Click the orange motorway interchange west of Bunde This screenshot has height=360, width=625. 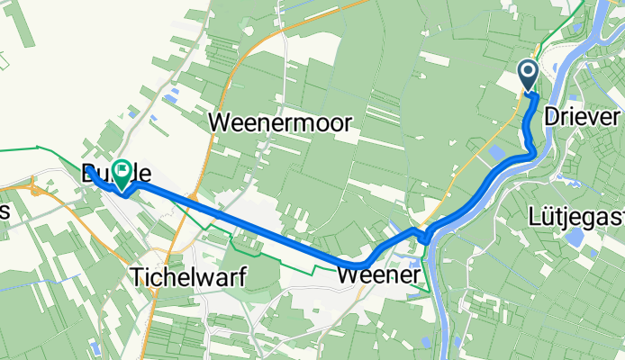point(36,190)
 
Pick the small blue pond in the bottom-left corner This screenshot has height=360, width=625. point(95,346)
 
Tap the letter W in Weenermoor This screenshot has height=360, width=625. point(220,123)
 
